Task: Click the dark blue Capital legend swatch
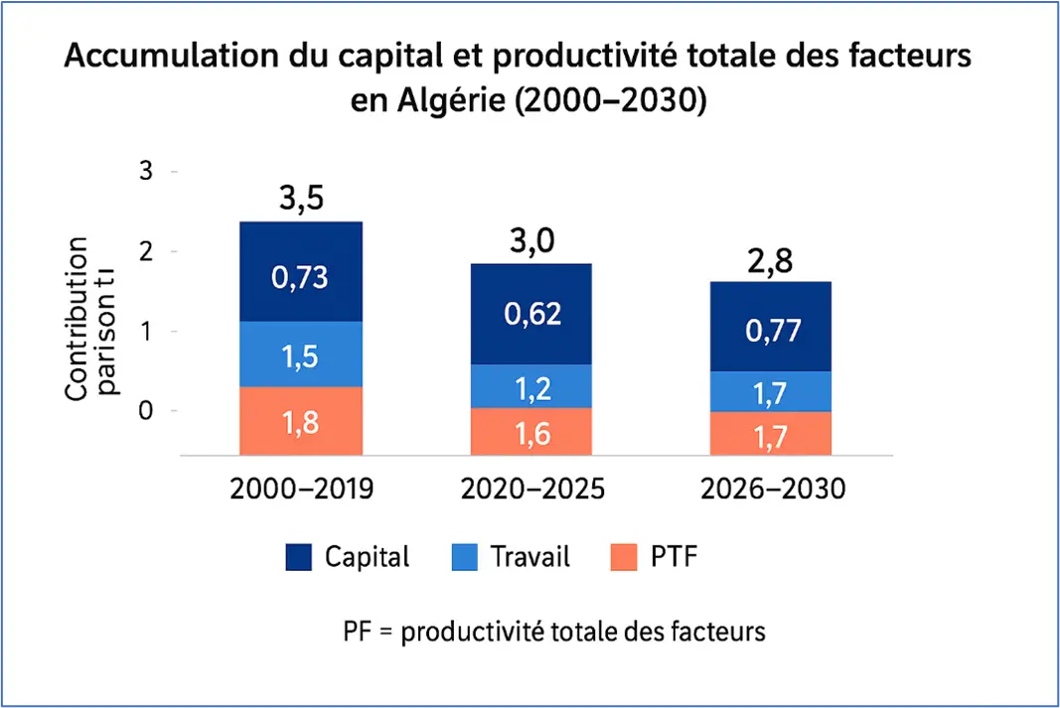298,557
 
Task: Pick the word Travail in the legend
530,557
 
